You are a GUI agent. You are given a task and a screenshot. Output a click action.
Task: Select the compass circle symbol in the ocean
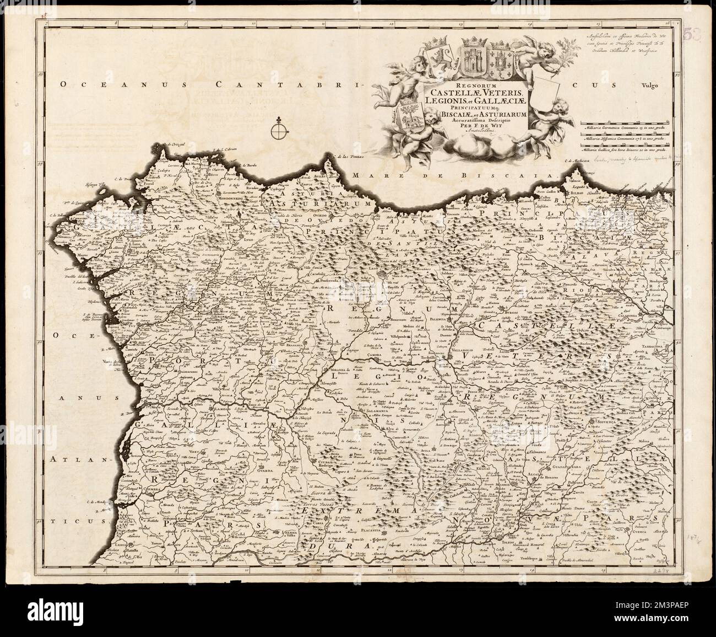[x=279, y=132]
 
